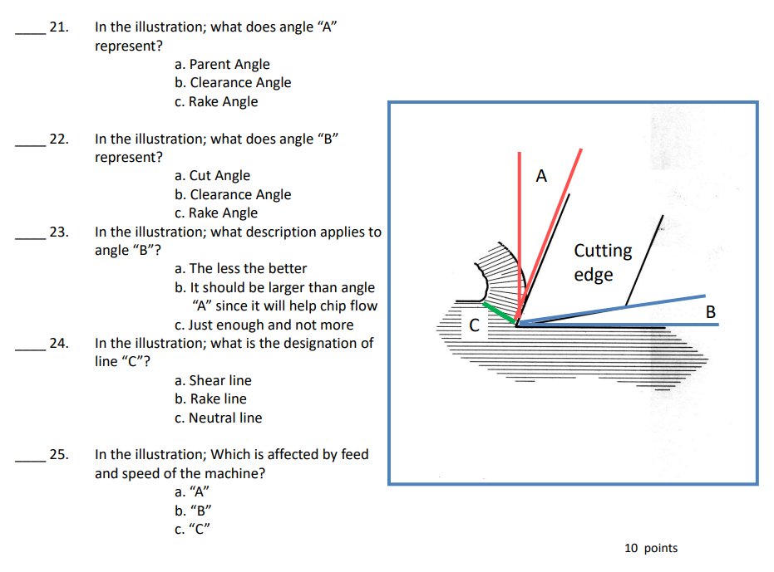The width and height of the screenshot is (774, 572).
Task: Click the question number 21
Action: tap(58, 27)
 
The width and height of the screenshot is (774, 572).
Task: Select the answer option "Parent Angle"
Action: tap(222, 64)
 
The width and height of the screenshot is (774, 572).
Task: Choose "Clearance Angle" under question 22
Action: tap(233, 194)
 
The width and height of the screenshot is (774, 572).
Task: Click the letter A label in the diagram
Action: tap(542, 176)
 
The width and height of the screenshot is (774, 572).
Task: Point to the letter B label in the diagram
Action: tap(709, 312)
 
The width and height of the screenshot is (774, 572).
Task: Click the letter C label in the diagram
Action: tap(474, 325)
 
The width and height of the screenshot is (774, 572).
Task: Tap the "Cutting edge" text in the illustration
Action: tap(603, 262)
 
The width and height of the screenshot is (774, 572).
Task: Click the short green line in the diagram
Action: tap(499, 312)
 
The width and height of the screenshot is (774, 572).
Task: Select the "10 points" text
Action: tap(650, 548)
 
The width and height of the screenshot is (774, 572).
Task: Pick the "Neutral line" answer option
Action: tap(218, 418)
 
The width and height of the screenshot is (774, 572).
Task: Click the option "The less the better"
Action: tap(241, 268)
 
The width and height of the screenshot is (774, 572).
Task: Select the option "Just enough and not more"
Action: tap(264, 325)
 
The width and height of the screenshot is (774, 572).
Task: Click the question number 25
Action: tap(58, 455)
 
